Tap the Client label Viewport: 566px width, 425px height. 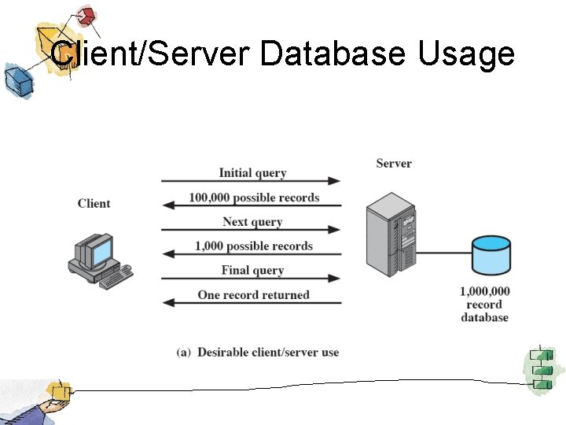pos(94,204)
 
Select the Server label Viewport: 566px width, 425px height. pos(394,164)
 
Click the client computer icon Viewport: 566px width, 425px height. pos(97,261)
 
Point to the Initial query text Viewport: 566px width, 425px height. pos(252,173)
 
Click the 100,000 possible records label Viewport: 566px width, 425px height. pos(254,198)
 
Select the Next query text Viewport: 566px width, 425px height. pos(252,222)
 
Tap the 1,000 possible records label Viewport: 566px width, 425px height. pos(254,246)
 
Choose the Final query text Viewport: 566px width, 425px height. pos(252,271)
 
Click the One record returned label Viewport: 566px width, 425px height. pos(254,295)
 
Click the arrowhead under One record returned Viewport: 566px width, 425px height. pos(167,303)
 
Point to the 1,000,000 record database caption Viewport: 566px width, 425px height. pos(484,305)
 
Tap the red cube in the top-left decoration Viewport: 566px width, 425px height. pos(86,16)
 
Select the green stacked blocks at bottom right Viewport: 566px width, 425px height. pos(540,368)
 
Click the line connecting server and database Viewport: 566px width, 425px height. pos(444,254)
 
